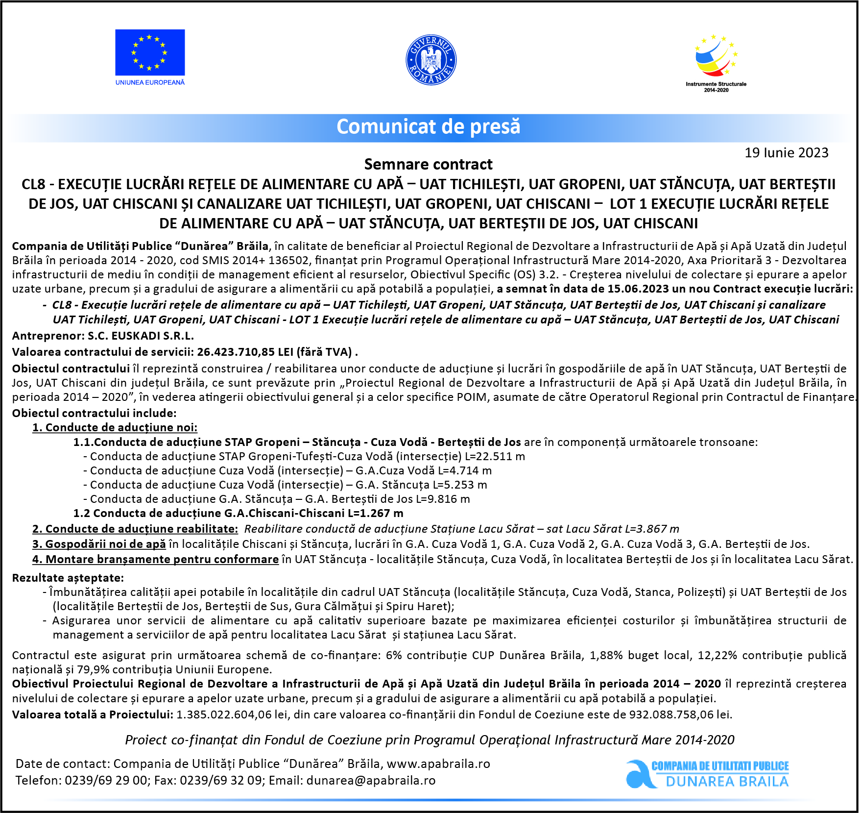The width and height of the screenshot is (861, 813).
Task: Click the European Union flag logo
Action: pyautogui.click(x=150, y=52)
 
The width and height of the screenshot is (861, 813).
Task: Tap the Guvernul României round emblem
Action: pyautogui.click(x=431, y=60)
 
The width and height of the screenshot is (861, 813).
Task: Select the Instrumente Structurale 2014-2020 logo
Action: pyautogui.click(x=716, y=61)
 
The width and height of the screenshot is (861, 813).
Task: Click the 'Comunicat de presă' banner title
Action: pyautogui.click(x=428, y=127)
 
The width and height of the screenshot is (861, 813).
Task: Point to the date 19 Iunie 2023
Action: pyautogui.click(x=786, y=153)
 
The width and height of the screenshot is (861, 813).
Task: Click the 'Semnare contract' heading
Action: pyautogui.click(x=428, y=164)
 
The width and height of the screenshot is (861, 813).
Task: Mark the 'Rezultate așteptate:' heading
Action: pyautogui.click(x=68, y=578)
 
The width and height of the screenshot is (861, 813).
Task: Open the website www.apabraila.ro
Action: pyautogui.click(x=438, y=764)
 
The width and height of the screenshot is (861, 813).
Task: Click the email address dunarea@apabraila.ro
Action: pyautogui.click(x=371, y=781)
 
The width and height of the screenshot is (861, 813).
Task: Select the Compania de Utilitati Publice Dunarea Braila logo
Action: pyautogui.click(x=708, y=774)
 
